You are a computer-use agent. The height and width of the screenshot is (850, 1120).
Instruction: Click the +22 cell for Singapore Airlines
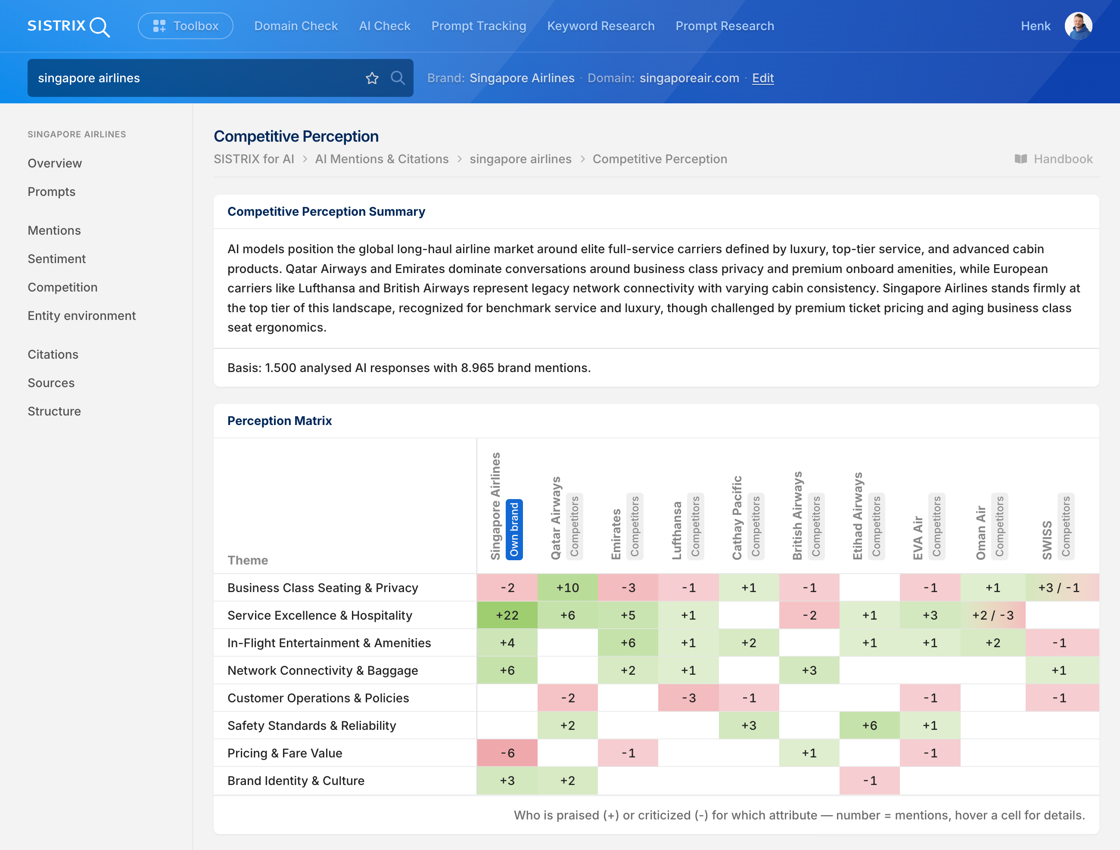pyautogui.click(x=507, y=615)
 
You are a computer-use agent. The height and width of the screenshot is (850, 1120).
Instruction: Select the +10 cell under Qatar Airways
pyautogui.click(x=568, y=588)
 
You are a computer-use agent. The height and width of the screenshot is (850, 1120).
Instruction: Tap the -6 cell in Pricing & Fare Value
pyautogui.click(x=507, y=753)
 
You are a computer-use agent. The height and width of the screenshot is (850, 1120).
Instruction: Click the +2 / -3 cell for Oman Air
pyautogui.click(x=993, y=615)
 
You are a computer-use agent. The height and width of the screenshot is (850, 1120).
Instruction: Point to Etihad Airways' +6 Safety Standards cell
pyautogui.click(x=869, y=726)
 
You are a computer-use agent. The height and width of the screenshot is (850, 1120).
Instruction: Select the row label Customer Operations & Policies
pyautogui.click(x=318, y=698)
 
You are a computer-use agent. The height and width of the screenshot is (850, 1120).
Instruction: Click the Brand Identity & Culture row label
pyautogui.click(x=296, y=781)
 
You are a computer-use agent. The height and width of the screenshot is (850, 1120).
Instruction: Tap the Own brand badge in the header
pyautogui.click(x=514, y=530)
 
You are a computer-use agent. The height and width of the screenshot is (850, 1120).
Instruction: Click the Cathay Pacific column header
pyautogui.click(x=737, y=518)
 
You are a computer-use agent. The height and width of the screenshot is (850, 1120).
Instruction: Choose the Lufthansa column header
pyautogui.click(x=676, y=530)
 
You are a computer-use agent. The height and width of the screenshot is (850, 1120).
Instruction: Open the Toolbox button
pyautogui.click(x=185, y=26)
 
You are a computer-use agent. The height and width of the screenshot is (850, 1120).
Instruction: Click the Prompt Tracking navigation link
pyautogui.click(x=479, y=26)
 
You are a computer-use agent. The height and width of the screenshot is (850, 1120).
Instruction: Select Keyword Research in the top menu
pyautogui.click(x=600, y=26)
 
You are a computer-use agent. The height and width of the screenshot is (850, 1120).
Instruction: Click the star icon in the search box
pyautogui.click(x=372, y=78)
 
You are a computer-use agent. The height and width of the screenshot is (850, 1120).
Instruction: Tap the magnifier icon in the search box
pyautogui.click(x=398, y=78)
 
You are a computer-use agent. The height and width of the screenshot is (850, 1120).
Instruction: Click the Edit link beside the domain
pyautogui.click(x=762, y=78)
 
